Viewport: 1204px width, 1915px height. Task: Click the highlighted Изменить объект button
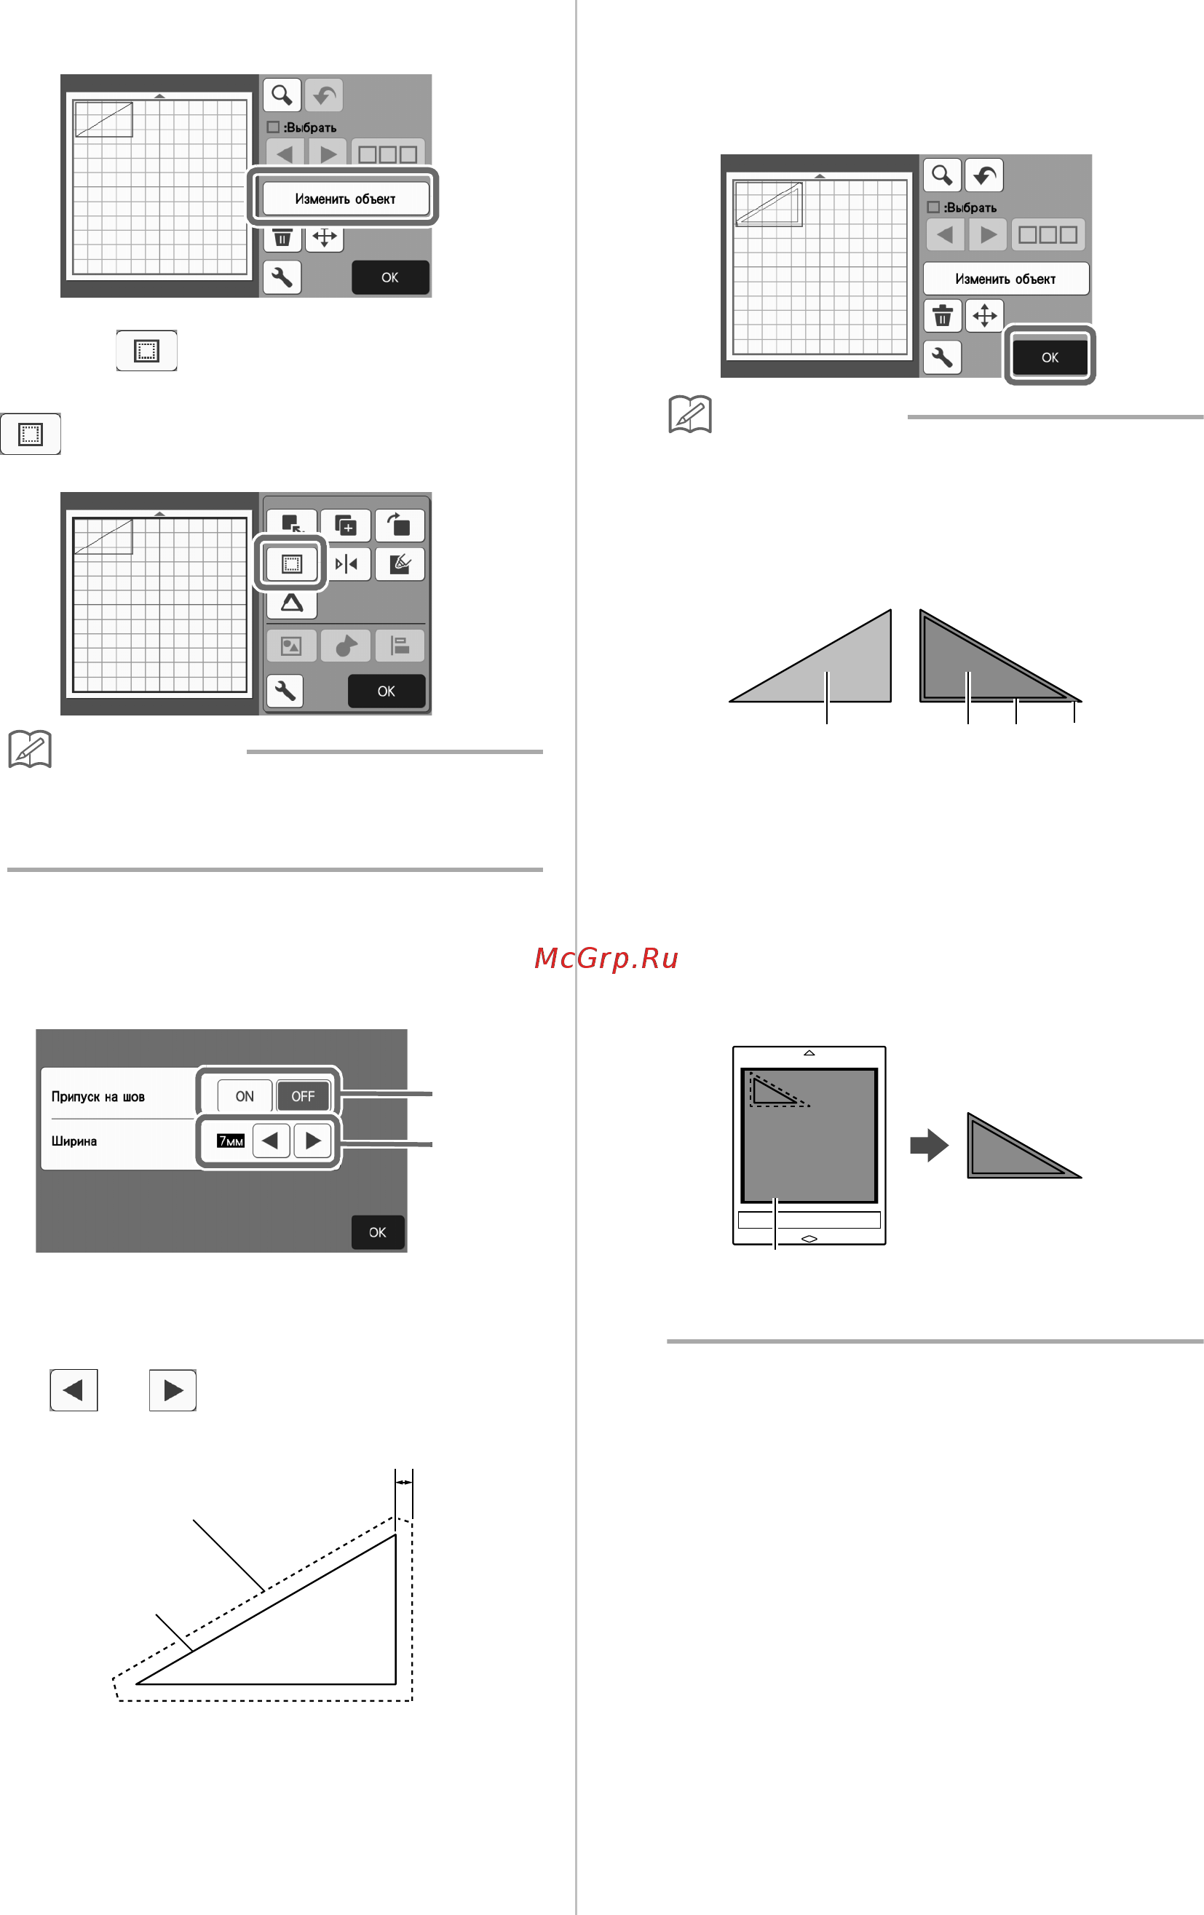345,198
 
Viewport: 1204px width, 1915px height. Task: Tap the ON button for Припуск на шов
245,1096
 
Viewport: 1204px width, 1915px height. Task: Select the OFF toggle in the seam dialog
303,1096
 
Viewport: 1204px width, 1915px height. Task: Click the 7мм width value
231,1141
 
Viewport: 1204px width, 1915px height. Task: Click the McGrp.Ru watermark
606,959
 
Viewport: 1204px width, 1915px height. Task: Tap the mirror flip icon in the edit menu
346,564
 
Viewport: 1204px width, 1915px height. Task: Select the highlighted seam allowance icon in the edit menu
292,564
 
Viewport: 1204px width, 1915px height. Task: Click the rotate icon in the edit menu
399,525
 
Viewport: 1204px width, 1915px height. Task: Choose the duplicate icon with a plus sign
346,525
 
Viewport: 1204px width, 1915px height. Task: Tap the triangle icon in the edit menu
292,603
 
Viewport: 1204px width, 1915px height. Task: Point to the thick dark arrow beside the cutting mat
929,1145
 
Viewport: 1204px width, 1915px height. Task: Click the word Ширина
74,1141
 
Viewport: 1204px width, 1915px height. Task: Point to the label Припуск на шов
98,1097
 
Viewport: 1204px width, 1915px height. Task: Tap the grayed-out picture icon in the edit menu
292,646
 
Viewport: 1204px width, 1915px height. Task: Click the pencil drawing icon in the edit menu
399,564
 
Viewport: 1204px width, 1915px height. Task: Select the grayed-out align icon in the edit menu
399,646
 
